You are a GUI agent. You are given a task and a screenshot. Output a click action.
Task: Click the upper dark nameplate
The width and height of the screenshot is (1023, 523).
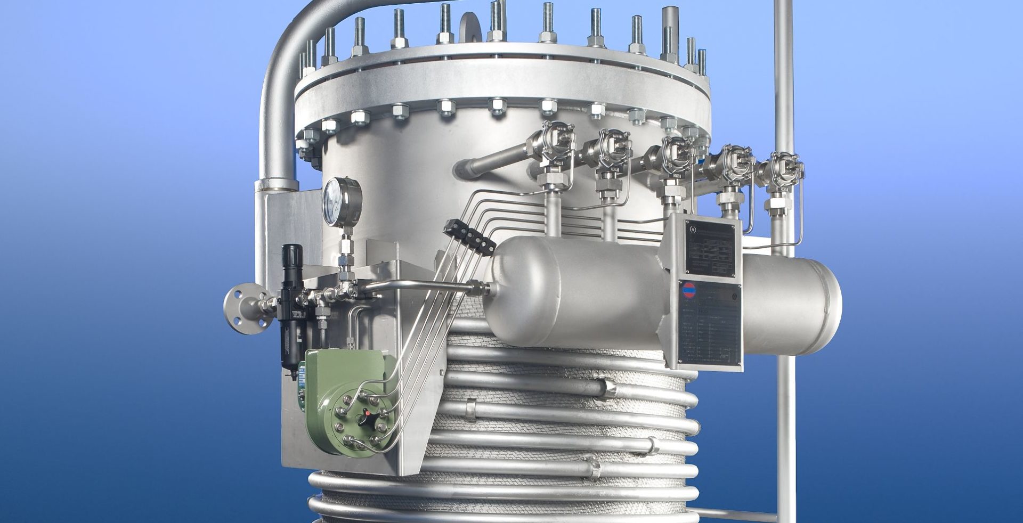710,248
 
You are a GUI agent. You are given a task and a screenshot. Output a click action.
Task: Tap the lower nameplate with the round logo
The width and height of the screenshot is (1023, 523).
710,322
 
